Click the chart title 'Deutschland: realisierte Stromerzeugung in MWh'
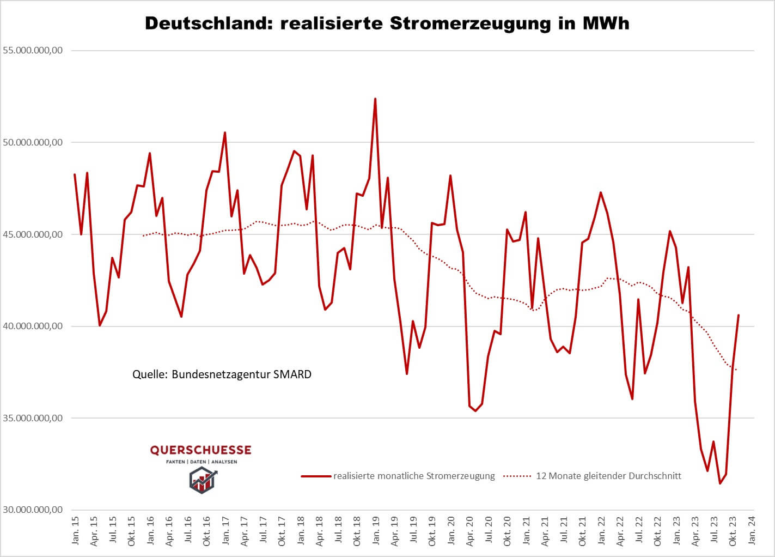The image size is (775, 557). click(x=387, y=23)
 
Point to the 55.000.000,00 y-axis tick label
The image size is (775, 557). click(x=33, y=50)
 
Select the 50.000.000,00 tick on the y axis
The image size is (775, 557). click(x=33, y=142)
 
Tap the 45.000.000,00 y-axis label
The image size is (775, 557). click(x=33, y=234)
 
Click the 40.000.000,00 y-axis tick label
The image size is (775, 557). click(x=33, y=326)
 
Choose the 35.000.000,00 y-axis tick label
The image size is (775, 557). click(x=33, y=418)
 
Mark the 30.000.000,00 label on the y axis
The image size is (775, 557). click(x=33, y=510)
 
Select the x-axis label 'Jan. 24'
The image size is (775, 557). click(x=752, y=532)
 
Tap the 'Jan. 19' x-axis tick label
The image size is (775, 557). click(x=376, y=532)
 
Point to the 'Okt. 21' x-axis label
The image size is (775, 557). click(x=583, y=532)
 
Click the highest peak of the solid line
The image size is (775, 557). click(x=375, y=99)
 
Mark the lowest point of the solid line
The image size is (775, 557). click(x=720, y=483)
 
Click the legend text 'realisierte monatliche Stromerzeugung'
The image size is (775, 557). click(x=414, y=476)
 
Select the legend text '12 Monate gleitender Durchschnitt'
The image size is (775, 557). click(x=608, y=476)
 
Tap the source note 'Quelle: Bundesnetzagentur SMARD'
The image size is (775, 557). click(x=222, y=374)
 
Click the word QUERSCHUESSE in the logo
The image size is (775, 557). click(x=201, y=450)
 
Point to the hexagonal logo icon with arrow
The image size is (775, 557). click(x=202, y=480)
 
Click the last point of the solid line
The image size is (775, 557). click(x=739, y=315)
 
